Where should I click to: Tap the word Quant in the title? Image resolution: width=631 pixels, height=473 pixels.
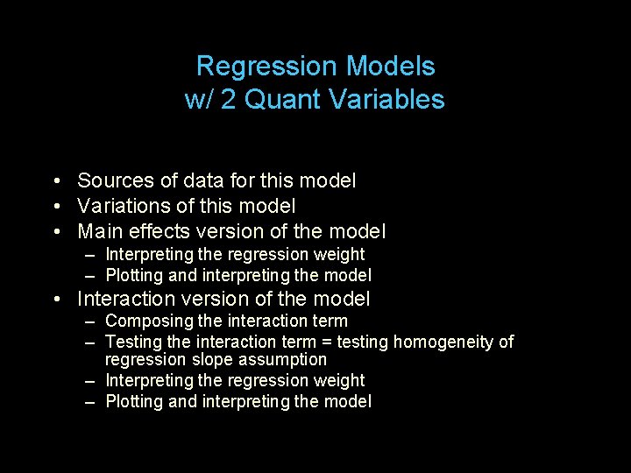[x=282, y=100]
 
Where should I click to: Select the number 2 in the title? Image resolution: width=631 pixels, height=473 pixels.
[x=228, y=100]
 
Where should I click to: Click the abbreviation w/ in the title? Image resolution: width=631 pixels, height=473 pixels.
[x=199, y=100]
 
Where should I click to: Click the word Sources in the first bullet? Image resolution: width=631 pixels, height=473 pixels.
[x=116, y=181]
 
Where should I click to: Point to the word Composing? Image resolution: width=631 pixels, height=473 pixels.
[x=145, y=321]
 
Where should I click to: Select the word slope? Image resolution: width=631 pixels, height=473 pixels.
[x=210, y=360]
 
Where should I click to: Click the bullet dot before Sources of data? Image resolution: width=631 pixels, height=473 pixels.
[x=55, y=182]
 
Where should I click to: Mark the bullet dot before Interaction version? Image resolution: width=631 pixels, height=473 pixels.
[x=55, y=300]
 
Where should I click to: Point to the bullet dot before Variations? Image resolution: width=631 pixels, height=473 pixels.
[x=55, y=208]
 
